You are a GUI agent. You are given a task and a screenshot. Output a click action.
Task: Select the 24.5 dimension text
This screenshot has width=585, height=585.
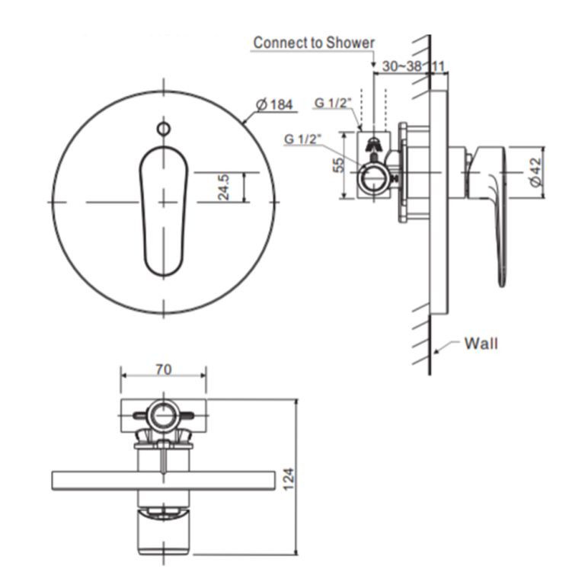click(x=224, y=187)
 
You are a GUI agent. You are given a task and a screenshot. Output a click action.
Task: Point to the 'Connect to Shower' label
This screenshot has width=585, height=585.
click(x=314, y=43)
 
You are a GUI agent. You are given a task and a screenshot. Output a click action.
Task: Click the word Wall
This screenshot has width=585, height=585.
click(x=481, y=344)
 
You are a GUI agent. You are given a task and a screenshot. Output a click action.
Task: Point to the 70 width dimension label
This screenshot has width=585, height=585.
click(x=163, y=369)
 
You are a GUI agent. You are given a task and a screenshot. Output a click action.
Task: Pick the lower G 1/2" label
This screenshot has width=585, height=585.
click(x=303, y=139)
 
